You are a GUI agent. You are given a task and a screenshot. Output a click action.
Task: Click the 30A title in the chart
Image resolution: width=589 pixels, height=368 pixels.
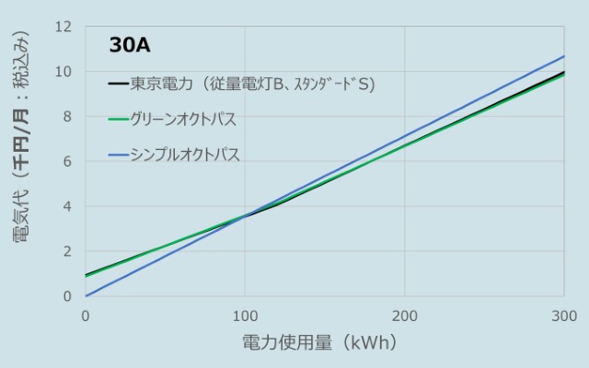[129, 45]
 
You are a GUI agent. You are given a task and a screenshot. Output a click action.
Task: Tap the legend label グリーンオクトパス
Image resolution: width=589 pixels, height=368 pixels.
[183, 120]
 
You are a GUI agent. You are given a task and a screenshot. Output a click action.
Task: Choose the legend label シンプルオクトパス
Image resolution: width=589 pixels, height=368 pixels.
[186, 155]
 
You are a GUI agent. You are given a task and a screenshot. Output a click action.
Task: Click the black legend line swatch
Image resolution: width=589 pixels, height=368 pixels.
[117, 85]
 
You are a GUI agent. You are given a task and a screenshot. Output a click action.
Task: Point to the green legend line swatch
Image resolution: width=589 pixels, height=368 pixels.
[117, 120]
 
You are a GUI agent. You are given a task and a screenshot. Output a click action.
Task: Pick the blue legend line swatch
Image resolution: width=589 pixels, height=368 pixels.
[117, 155]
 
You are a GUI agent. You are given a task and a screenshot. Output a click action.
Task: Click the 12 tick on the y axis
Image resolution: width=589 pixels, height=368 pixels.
[64, 27]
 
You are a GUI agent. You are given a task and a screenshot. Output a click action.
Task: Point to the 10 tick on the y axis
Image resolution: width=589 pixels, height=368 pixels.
[64, 72]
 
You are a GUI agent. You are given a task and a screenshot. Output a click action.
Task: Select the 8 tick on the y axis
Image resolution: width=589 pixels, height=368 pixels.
[67, 117]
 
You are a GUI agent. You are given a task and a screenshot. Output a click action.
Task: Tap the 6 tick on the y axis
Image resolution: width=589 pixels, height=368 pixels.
[67, 161]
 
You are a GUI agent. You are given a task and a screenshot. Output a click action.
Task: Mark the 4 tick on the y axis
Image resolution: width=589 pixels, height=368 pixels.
[67, 206]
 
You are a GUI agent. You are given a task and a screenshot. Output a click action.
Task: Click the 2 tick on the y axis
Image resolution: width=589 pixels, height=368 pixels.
[67, 251]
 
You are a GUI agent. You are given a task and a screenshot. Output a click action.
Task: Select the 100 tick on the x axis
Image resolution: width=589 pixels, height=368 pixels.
[245, 316]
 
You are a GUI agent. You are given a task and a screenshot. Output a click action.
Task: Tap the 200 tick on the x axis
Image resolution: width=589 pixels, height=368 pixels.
[404, 316]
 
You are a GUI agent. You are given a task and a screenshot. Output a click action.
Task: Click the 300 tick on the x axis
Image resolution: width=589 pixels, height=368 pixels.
[563, 316]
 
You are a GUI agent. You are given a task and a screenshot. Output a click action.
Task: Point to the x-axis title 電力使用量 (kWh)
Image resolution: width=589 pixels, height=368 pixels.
[319, 343]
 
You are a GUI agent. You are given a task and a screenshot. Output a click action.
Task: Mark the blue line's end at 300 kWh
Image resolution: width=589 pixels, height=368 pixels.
[563, 56]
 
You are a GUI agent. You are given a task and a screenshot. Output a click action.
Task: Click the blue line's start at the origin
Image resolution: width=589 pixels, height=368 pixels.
[86, 295]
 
